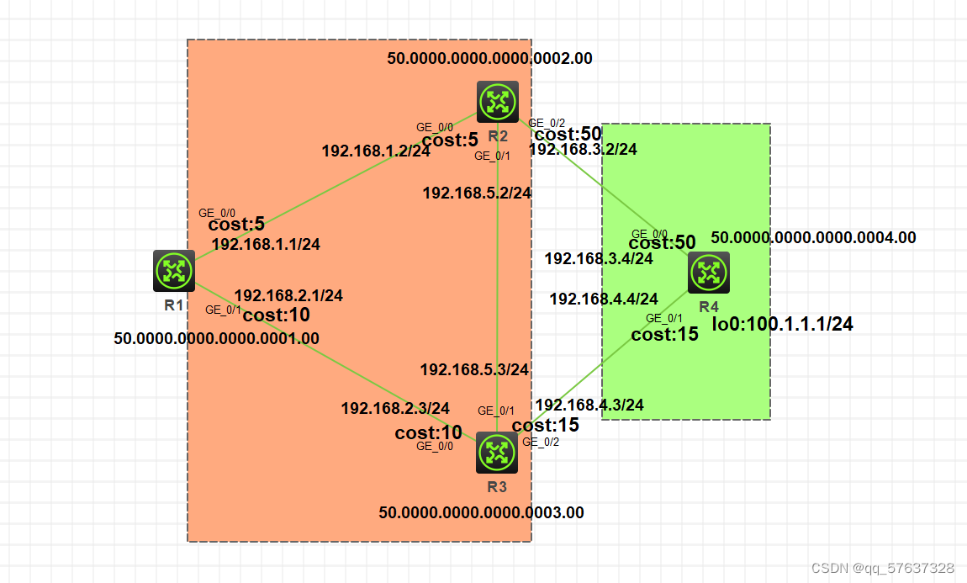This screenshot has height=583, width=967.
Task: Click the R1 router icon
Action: tap(174, 271)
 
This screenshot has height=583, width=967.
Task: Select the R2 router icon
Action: tap(498, 103)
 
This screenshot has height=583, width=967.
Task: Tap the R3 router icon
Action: tap(497, 453)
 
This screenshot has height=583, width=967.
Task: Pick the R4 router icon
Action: tap(709, 273)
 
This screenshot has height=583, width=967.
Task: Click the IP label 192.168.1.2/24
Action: tap(376, 151)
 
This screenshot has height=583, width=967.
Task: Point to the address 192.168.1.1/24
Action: tap(266, 244)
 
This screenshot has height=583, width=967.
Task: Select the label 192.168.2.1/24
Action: tap(288, 295)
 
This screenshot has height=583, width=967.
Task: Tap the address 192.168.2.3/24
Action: tap(395, 408)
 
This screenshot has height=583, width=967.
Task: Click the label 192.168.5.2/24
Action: tap(477, 193)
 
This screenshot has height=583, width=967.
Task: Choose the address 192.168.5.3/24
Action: tap(474, 369)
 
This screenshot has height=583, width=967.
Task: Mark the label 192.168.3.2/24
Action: tap(583, 150)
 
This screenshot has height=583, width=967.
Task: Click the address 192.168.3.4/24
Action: tap(599, 258)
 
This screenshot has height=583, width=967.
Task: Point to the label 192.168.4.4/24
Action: tap(604, 299)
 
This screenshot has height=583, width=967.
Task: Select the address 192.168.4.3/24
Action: tap(589, 405)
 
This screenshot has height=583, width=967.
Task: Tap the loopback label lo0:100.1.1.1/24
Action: tap(783, 324)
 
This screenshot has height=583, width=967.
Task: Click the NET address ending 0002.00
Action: tap(489, 59)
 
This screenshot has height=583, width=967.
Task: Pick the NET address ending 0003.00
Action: tap(481, 512)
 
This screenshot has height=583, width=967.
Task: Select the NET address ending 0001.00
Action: tap(216, 339)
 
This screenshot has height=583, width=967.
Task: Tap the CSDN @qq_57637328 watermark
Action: tap(882, 569)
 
